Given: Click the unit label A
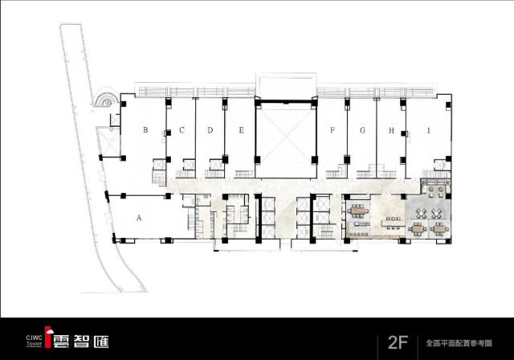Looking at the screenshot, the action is tap(139, 218).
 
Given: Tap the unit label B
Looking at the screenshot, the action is tap(145, 130).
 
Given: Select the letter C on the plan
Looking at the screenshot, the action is tap(182, 130).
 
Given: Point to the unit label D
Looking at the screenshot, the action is tap(210, 130).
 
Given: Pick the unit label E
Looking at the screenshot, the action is tap(241, 130).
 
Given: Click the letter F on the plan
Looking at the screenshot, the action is tap(332, 130).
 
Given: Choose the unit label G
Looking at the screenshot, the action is tap(362, 130).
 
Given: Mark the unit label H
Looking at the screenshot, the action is tap(391, 130).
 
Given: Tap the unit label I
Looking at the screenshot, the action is tap(428, 130).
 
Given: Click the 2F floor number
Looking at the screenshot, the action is tap(398, 342).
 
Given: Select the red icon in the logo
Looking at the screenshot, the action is tap(48, 337).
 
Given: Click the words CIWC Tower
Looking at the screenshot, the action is tap(34, 341).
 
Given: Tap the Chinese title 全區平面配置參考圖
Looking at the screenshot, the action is tap(459, 343).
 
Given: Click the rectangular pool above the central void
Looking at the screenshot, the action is tap(286, 85).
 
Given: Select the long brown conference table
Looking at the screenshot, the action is tap(357, 211).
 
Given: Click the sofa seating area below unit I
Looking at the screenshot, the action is tap(435, 187).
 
